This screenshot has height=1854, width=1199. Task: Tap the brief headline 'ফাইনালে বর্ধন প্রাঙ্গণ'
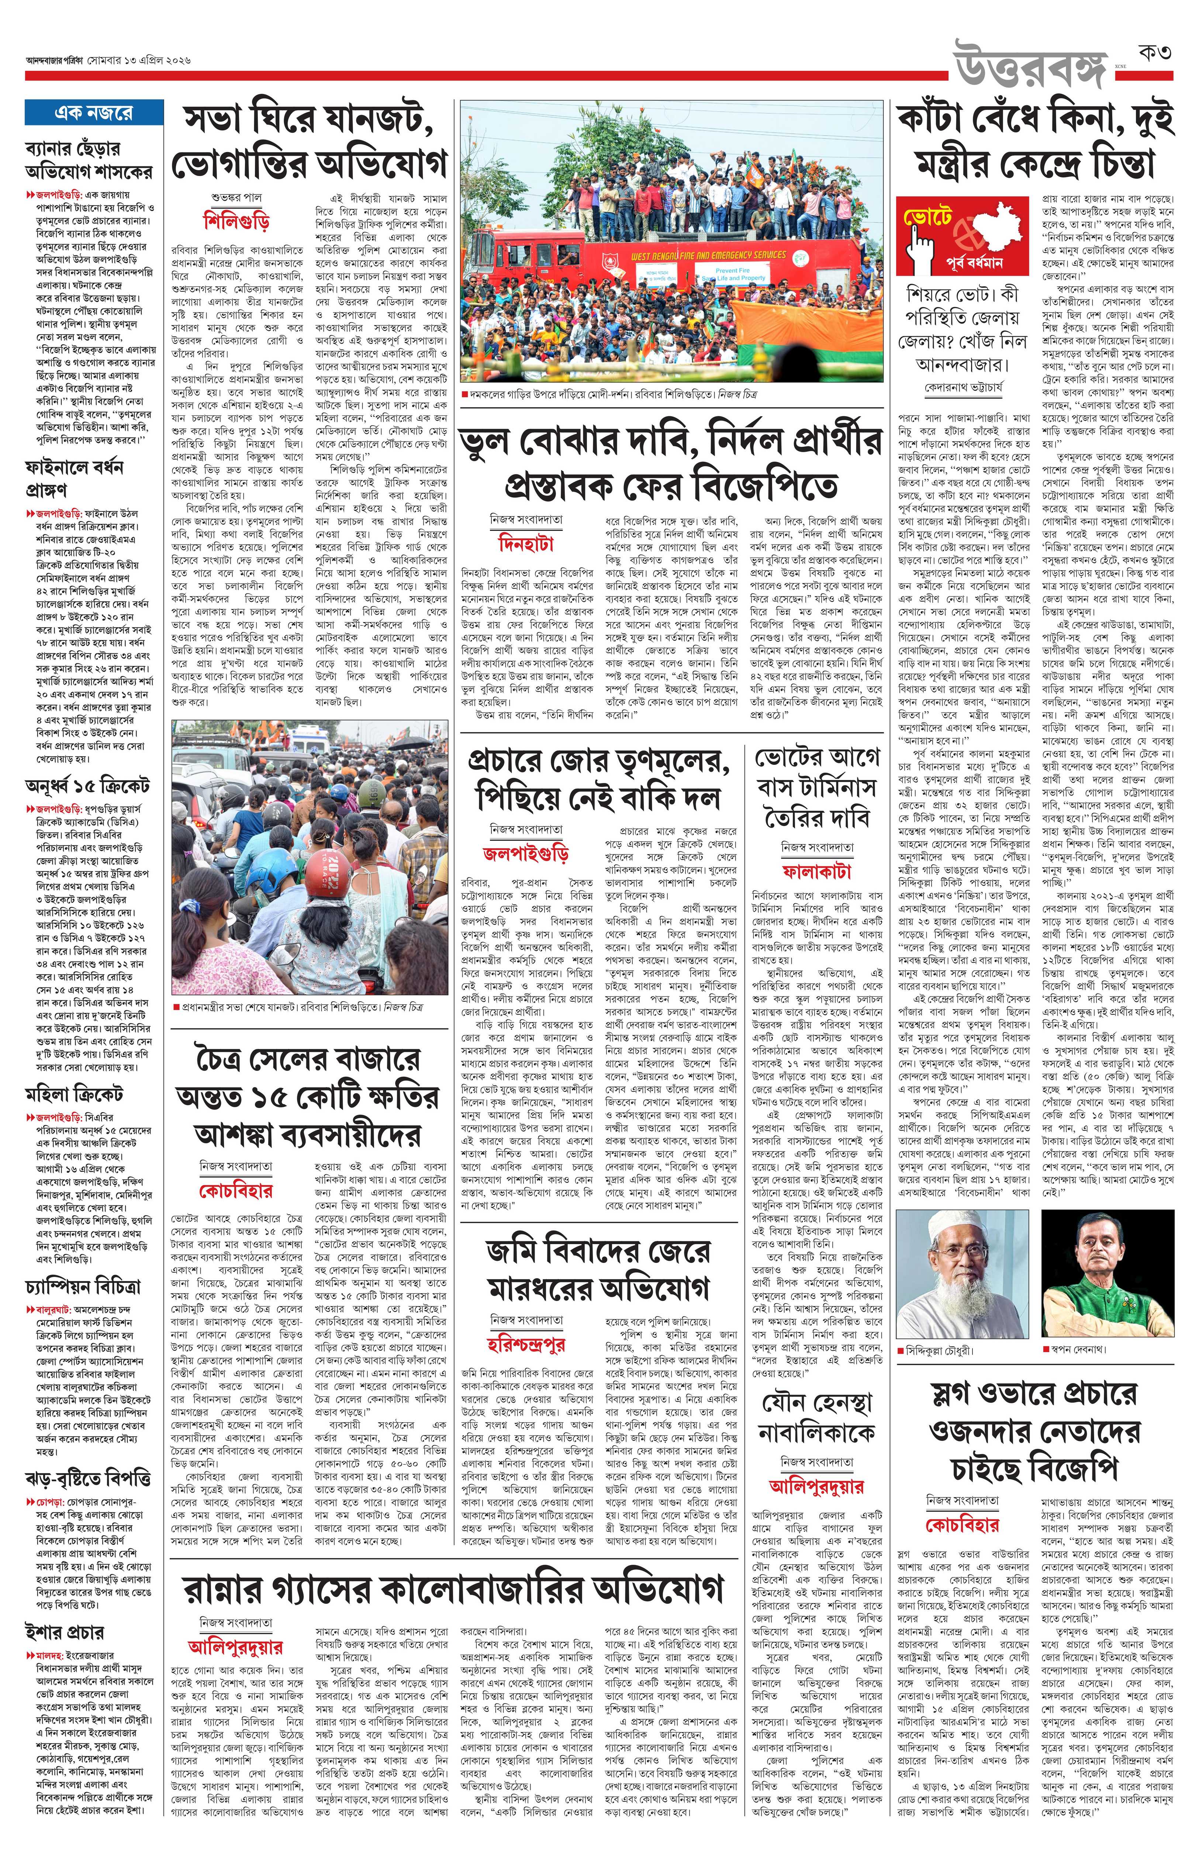point(74,478)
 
